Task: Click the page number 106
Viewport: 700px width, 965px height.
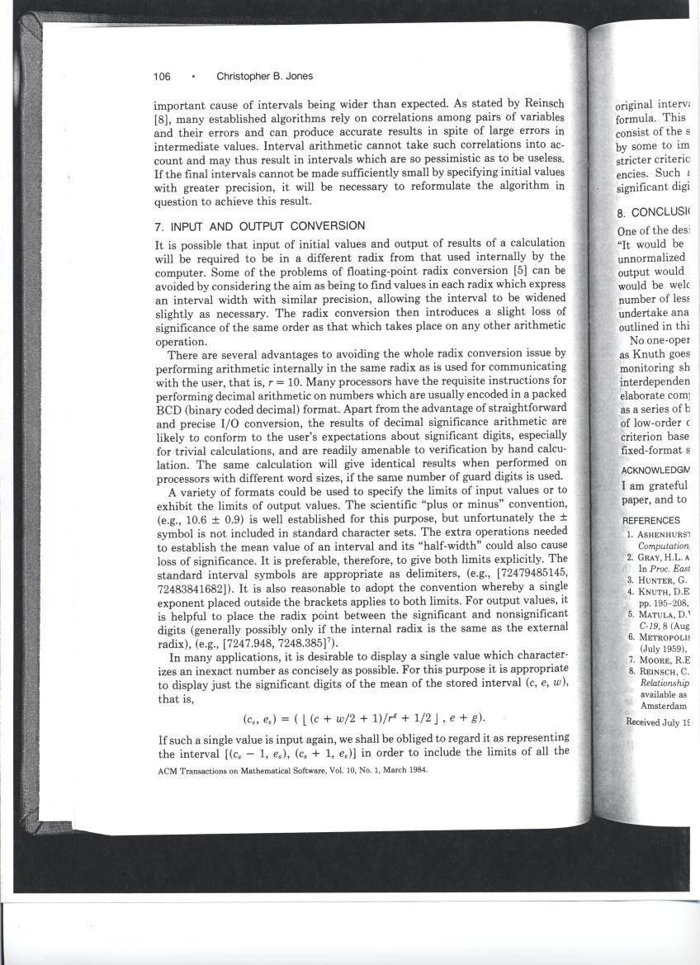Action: [162, 77]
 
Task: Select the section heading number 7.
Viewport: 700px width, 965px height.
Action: [158, 226]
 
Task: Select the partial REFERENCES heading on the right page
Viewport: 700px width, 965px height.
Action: [652, 521]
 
